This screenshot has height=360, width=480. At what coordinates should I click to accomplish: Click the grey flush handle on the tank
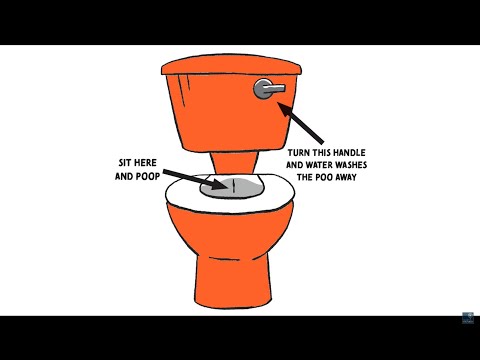268,89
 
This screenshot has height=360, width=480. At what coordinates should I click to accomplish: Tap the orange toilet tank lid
231,64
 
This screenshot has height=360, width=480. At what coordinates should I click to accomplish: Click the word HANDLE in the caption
350,153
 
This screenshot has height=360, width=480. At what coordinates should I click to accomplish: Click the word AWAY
346,177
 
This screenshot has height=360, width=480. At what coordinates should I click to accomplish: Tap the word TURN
299,153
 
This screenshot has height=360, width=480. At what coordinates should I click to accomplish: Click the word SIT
124,163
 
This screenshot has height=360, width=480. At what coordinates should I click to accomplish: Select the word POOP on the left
148,176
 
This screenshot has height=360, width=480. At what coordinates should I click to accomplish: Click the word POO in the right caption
325,177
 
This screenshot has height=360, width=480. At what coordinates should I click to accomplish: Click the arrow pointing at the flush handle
301,123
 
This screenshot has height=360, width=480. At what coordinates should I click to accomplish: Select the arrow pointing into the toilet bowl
195,180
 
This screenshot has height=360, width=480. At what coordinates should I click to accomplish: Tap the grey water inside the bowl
232,188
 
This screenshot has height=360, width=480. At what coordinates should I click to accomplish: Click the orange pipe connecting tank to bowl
234,163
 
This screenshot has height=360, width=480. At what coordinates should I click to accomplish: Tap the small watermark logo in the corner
468,318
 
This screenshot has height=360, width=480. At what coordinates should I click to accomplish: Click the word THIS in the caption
322,153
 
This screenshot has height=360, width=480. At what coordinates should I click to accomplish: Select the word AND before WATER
295,165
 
